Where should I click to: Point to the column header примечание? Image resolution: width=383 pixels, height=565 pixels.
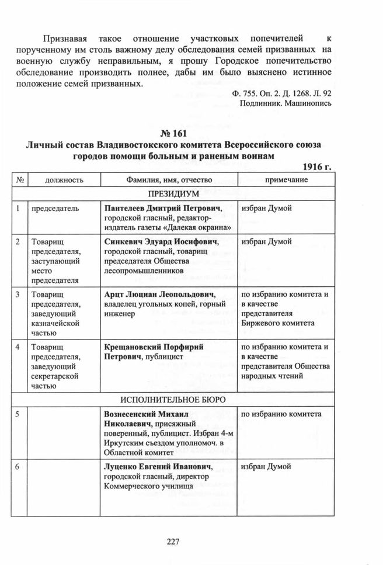coord(286,180)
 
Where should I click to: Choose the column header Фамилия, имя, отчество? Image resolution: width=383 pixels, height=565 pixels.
coord(167,180)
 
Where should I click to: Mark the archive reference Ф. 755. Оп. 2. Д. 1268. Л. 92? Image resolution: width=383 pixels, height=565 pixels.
coord(281,93)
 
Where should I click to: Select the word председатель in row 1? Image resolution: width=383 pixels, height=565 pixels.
coord(57,209)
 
